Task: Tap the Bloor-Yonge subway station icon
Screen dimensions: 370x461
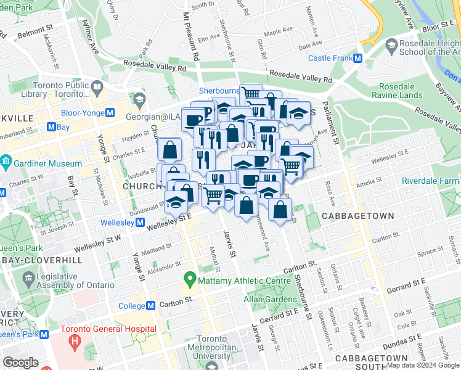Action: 111,113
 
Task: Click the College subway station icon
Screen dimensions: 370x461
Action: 150,306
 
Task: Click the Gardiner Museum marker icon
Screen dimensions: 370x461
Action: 6,163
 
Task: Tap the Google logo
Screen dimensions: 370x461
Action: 20,363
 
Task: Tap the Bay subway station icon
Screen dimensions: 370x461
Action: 52,126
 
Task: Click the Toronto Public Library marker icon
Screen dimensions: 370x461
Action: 97,89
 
